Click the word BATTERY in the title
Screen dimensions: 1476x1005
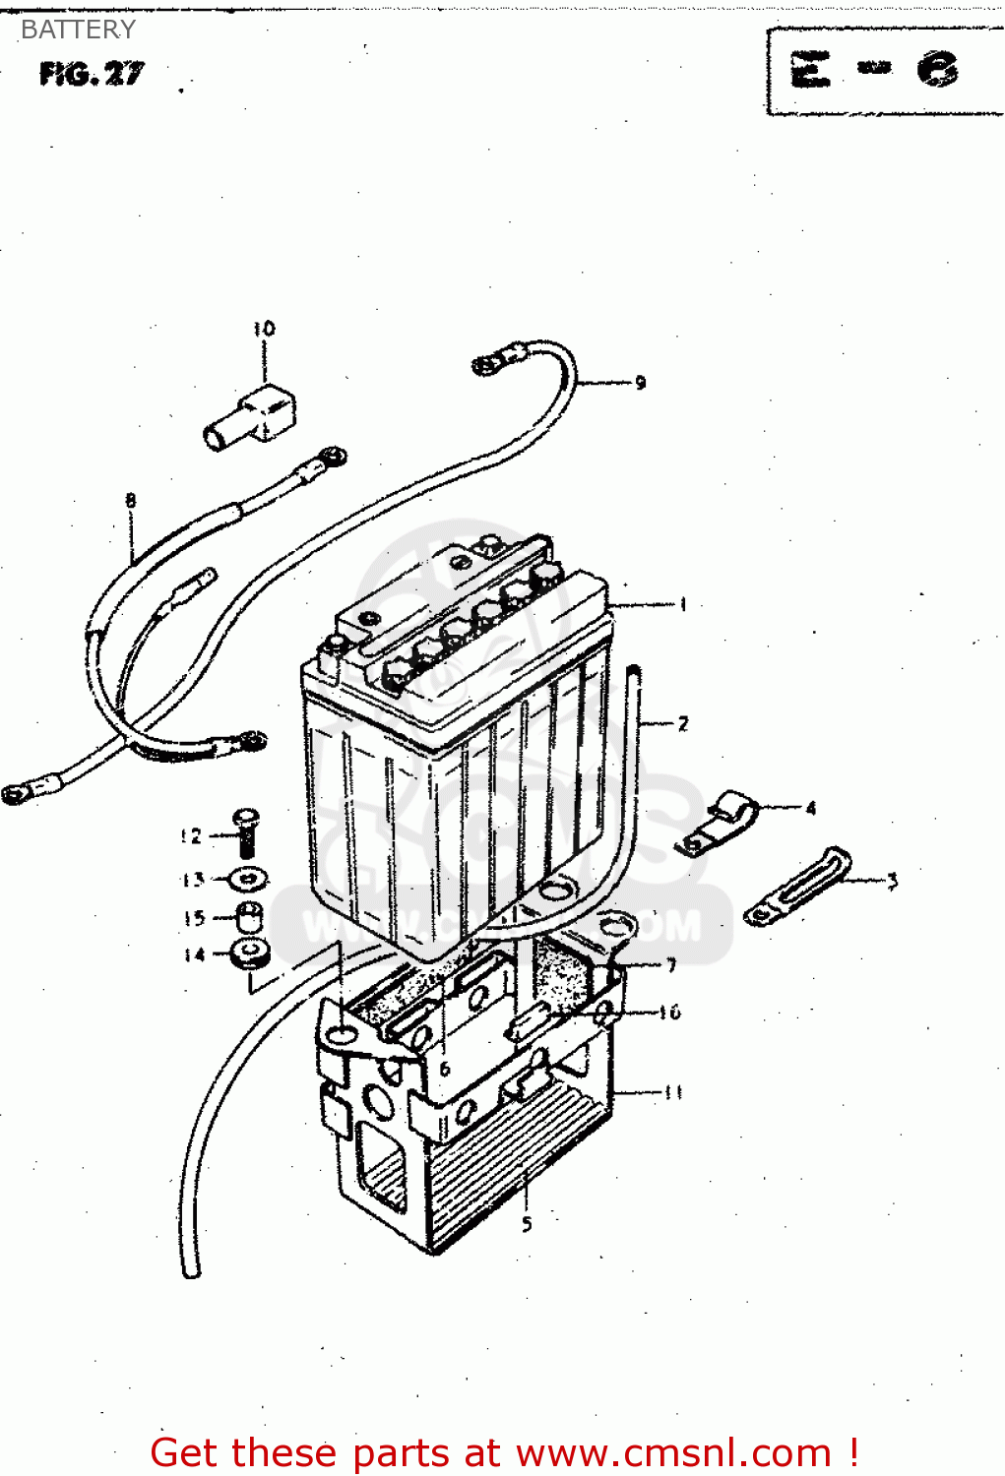pos(78,30)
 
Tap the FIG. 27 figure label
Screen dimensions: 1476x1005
pos(92,74)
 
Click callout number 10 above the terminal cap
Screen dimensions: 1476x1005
pos(264,329)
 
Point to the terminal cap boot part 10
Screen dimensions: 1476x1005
pos(250,418)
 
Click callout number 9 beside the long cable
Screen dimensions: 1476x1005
pos(640,382)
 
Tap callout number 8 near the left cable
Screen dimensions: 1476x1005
pos(131,501)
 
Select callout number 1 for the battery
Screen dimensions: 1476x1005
pos(682,604)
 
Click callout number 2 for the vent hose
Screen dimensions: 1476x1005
pos(683,723)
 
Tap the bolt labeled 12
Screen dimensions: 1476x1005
pos(245,832)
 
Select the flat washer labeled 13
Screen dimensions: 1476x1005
pos(247,878)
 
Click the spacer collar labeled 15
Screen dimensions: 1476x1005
pos(249,918)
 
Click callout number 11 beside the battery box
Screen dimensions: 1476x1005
pos(673,1091)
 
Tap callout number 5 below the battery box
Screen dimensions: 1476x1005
pos(527,1224)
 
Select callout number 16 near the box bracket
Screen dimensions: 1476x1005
pos(669,1012)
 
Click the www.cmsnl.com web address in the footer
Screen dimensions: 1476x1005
pos(673,1452)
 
